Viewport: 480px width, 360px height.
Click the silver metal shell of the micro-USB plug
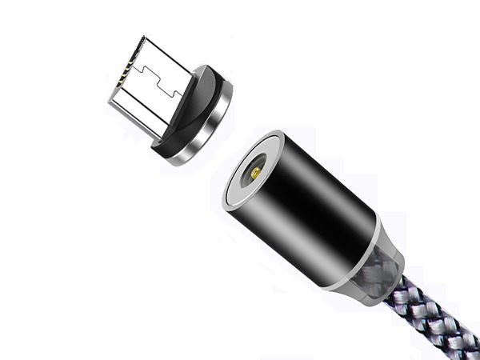coord(144,96)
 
